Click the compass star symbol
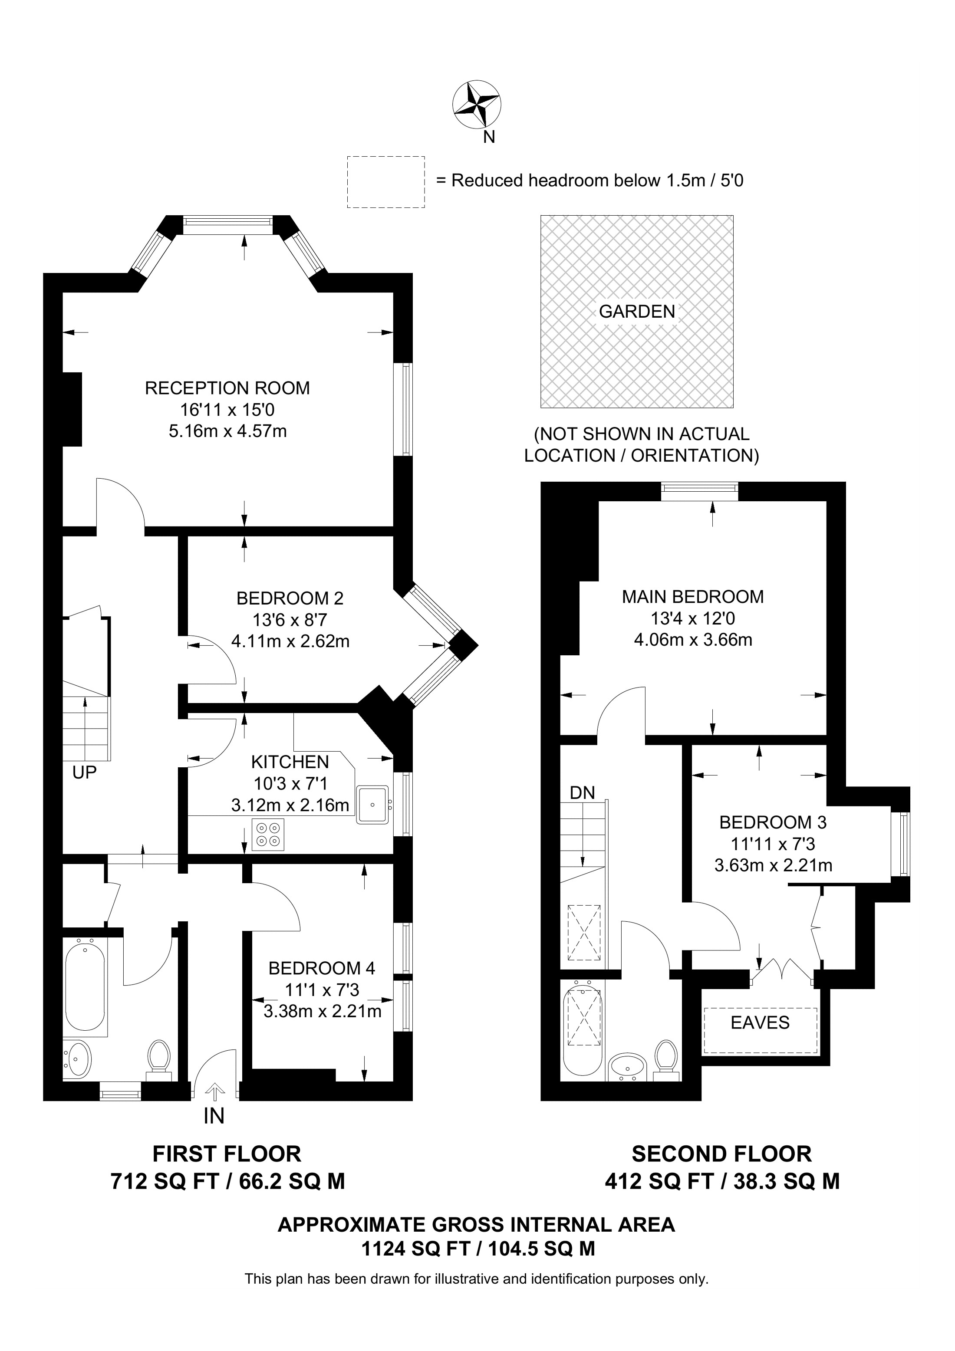click(476, 104)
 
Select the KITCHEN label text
click(290, 762)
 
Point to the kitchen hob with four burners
click(268, 835)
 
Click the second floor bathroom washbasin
click(627, 1065)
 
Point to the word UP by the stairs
click(84, 772)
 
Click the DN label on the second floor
click(582, 792)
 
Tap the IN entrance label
click(214, 1116)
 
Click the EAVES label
click(760, 1022)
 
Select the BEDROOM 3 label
click(773, 822)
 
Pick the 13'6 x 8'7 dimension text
click(290, 620)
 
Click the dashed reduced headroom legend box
click(385, 182)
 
